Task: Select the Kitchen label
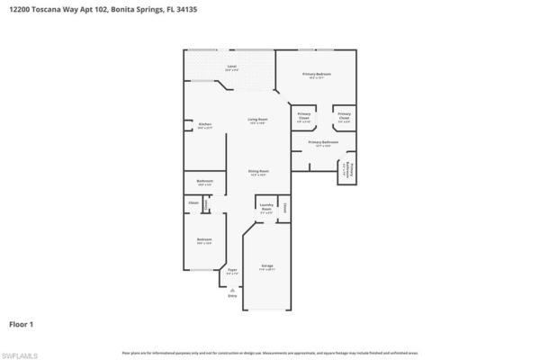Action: click(x=204, y=126)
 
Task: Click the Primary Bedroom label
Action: click(x=317, y=75)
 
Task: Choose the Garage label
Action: click(x=267, y=267)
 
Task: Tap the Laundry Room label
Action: click(x=266, y=209)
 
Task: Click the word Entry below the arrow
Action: click(x=232, y=296)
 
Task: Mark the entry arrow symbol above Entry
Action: click(x=232, y=289)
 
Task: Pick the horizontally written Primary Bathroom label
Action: click(x=323, y=142)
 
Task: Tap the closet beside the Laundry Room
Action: click(x=284, y=208)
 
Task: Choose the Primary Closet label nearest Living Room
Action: click(x=303, y=117)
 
